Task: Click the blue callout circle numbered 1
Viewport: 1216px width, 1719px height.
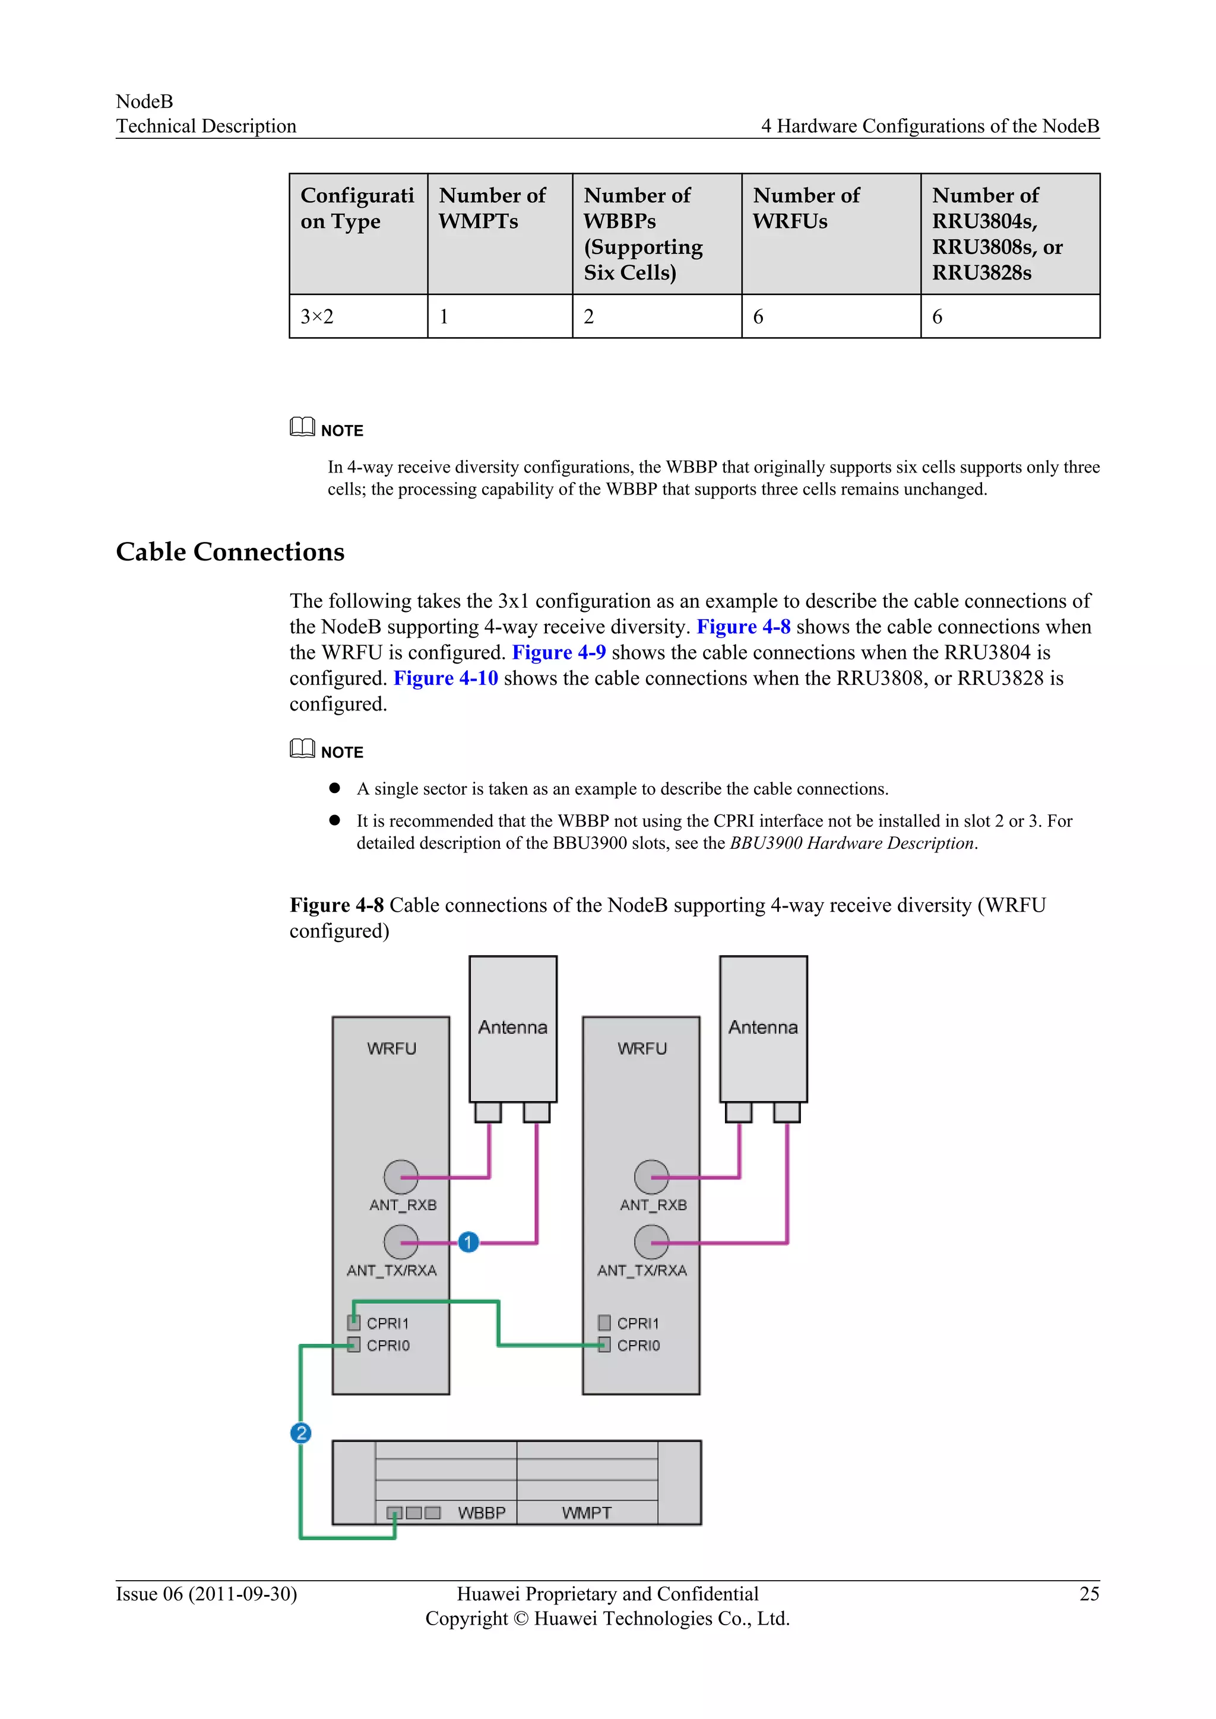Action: coord(468,1242)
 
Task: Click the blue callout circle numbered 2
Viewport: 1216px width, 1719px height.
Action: coord(300,1433)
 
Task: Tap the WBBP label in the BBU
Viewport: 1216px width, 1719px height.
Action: coord(482,1512)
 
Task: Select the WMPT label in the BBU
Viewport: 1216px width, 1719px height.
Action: coord(586,1512)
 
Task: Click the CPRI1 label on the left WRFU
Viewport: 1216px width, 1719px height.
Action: coord(387,1323)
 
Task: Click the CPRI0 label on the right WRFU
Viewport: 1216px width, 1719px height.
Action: coord(638,1346)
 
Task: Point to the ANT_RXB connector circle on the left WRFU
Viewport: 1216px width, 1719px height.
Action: coord(401,1177)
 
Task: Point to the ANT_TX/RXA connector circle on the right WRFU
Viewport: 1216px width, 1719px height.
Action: coord(651,1242)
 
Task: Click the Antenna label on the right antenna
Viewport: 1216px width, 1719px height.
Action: coord(763,1027)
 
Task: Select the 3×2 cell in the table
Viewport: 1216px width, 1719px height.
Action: coord(316,317)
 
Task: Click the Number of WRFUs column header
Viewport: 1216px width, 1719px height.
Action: coord(806,208)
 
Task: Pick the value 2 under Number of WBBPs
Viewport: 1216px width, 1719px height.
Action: coord(588,317)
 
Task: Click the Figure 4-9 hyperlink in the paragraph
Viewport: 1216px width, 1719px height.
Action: coord(559,652)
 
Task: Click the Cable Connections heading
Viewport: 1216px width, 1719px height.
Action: coord(230,552)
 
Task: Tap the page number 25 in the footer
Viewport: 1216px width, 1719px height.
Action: coord(1089,1594)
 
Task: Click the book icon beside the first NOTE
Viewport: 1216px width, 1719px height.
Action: coord(302,427)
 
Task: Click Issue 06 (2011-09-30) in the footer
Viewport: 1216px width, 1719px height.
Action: coord(206,1594)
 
